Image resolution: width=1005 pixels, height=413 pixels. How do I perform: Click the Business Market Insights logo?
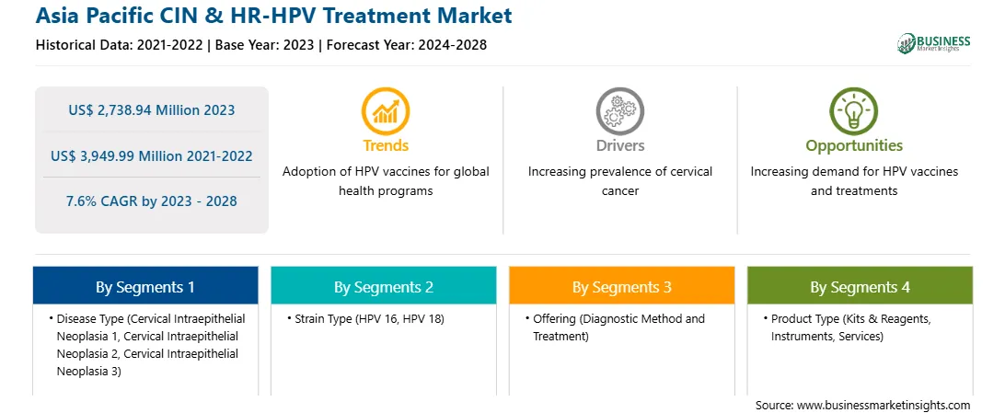(934, 43)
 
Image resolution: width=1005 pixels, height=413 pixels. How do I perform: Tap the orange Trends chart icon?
(386, 110)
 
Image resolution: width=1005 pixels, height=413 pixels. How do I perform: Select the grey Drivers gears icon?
(619, 110)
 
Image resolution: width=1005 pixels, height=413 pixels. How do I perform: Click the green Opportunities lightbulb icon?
(854, 110)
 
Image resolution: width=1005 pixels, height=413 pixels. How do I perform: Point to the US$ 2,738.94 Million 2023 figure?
(152, 110)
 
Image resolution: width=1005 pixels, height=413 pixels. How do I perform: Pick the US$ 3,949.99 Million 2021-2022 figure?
(152, 155)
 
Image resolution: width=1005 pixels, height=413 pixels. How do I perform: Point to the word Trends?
(386, 146)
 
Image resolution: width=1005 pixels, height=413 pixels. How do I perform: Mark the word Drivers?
(619, 146)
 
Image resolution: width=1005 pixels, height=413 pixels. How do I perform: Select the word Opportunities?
(854, 146)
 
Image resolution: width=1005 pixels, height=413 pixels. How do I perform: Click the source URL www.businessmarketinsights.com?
(884, 405)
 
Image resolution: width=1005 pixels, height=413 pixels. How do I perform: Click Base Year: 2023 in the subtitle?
(265, 45)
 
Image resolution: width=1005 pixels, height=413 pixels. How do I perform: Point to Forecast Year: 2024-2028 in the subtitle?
(404, 45)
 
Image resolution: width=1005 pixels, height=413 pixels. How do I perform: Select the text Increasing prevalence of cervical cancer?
(619, 181)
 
